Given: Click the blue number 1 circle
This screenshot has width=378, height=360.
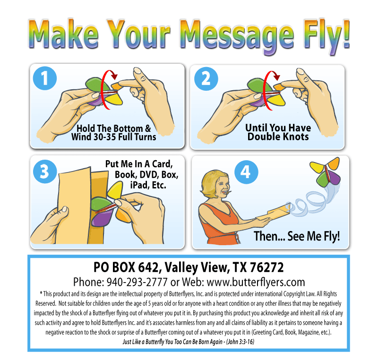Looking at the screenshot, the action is (x=45, y=78).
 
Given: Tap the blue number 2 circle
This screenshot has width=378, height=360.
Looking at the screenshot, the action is (x=206, y=79).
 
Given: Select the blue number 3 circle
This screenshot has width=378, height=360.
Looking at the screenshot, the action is (x=45, y=171).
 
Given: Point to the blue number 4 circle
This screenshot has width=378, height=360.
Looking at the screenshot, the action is (x=246, y=172).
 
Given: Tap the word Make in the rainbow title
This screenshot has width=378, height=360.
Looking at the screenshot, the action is (x=64, y=34).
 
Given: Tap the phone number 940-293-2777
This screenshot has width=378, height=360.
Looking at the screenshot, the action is (x=137, y=282).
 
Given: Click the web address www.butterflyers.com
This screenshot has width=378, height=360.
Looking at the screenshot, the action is (x=256, y=282).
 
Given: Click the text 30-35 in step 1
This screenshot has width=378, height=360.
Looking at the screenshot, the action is (x=104, y=137).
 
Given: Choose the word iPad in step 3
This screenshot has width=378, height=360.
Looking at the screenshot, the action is (x=139, y=185).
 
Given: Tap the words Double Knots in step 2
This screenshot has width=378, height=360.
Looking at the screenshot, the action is (x=278, y=137).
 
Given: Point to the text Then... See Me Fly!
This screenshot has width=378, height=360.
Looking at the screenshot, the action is (x=297, y=236).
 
